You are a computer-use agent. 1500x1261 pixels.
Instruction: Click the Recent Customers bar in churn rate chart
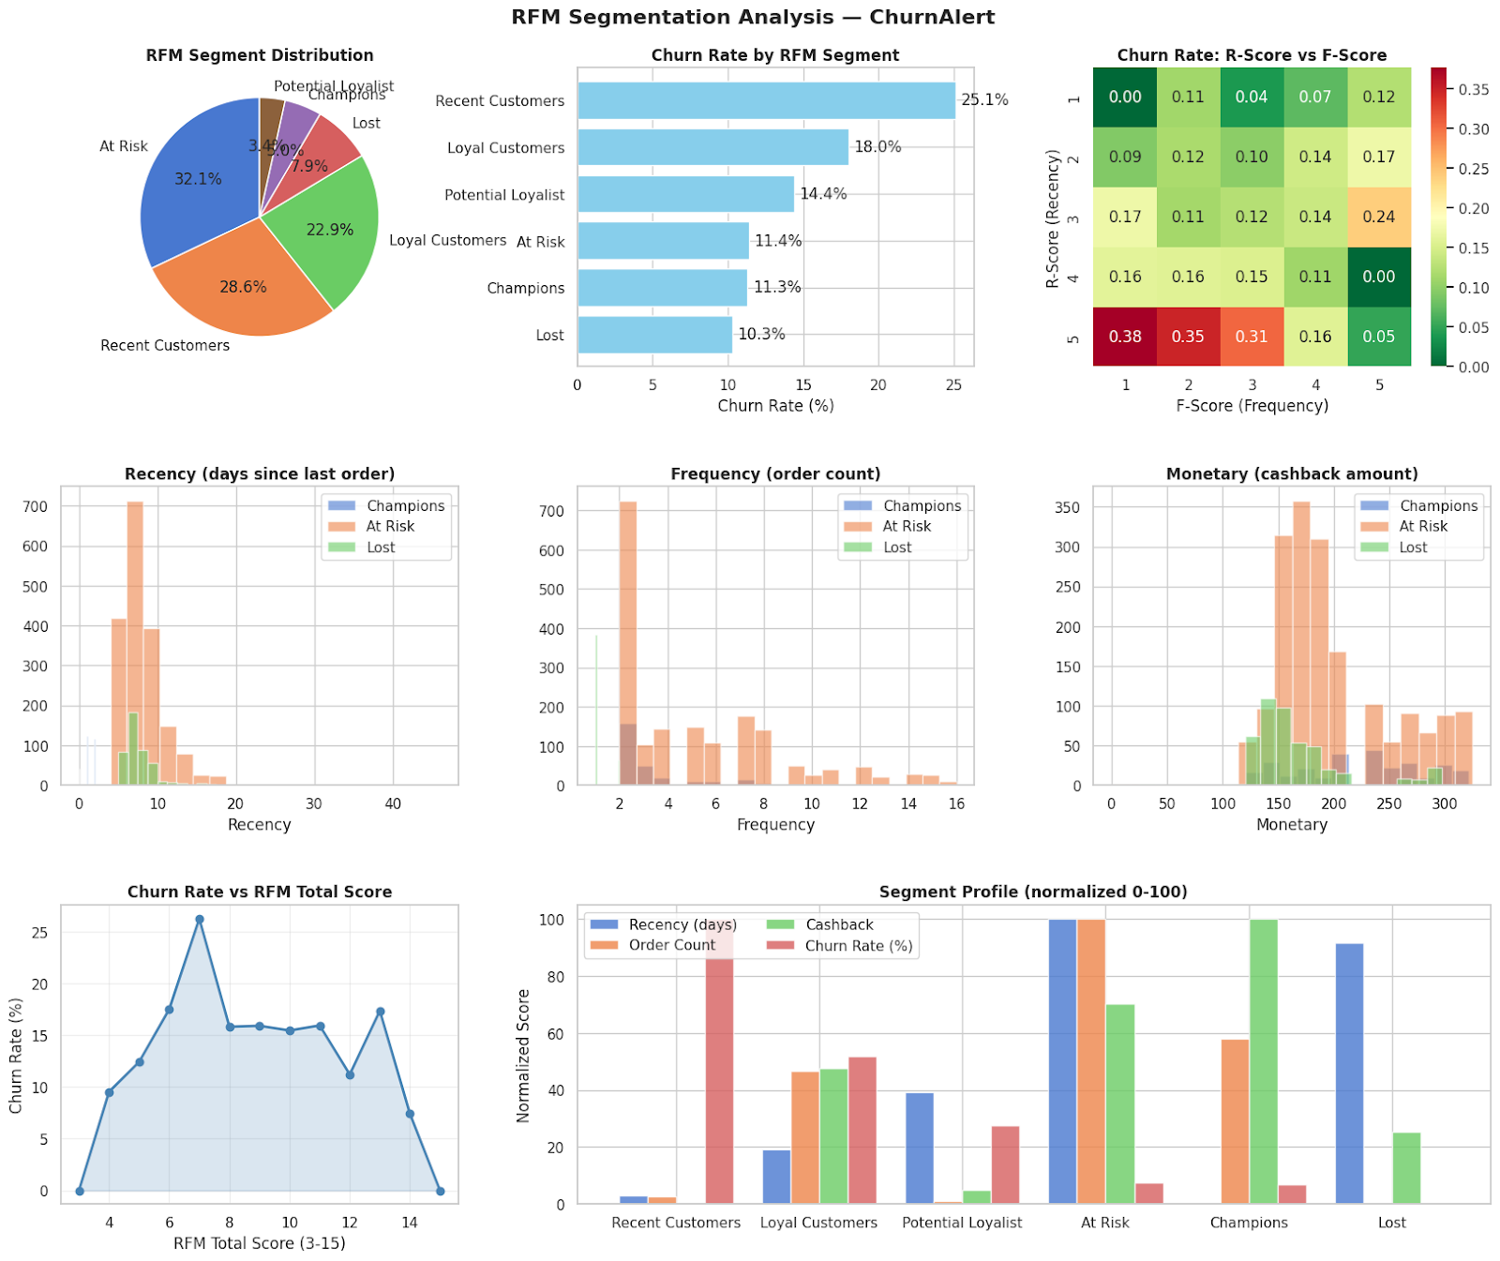[x=766, y=100]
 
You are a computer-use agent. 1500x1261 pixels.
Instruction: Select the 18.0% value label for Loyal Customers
[x=877, y=147]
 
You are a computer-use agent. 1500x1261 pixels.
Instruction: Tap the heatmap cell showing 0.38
[x=1125, y=337]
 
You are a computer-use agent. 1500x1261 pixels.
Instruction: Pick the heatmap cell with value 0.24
[x=1379, y=217]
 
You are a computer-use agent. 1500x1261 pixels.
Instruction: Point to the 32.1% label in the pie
[x=198, y=179]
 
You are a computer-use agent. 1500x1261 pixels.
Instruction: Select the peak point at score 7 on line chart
[x=200, y=920]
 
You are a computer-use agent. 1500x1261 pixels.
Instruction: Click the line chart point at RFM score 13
[x=380, y=1012]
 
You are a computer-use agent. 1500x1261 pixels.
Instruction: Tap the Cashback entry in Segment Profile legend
[x=839, y=924]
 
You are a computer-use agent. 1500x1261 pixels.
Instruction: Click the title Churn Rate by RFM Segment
[x=775, y=55]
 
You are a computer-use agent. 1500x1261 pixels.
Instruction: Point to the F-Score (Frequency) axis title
[x=1252, y=406]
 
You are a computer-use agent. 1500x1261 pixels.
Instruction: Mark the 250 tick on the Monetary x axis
[x=1388, y=803]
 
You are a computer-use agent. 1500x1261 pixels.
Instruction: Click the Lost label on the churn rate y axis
[x=550, y=336]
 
